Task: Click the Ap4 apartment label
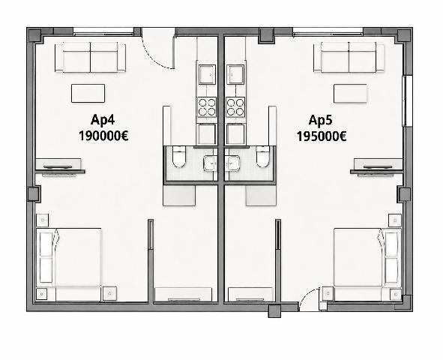[103, 120]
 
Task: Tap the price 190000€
[103, 136]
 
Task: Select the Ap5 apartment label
[320, 120]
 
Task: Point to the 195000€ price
[322, 136]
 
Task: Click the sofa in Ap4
[90, 57]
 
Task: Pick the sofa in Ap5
[349, 57]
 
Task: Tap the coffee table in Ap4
[88, 93]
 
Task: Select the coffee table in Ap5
[350, 93]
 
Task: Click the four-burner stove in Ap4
[207, 107]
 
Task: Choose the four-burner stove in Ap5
[235, 107]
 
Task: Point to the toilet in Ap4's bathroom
[179, 156]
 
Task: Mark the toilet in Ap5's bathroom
[263, 156]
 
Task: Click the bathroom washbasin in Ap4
[210, 163]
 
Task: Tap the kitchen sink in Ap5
[235, 74]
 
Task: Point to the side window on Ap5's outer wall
[407, 101]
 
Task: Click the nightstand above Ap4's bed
[43, 220]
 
